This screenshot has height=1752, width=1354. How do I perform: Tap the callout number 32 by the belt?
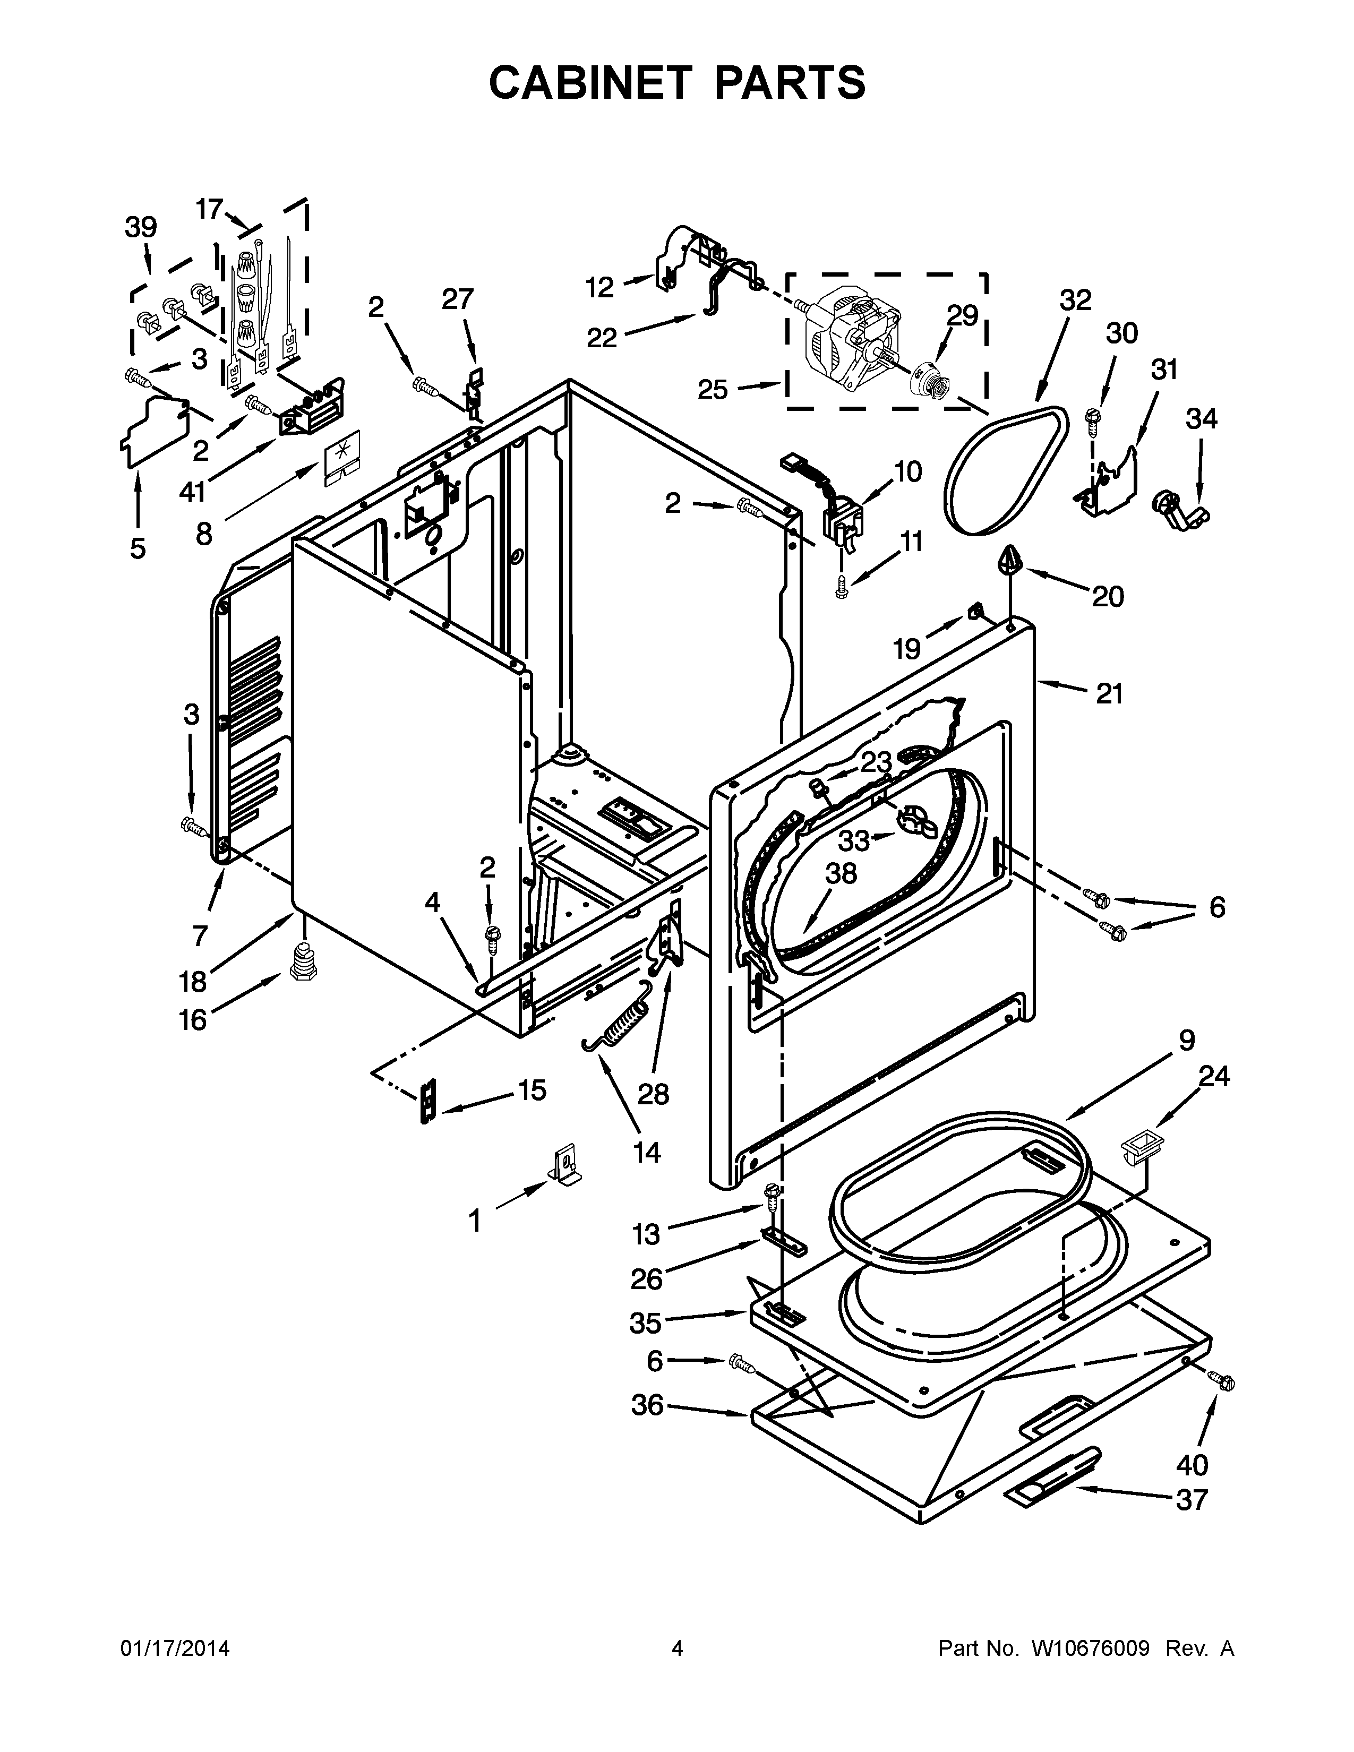(1075, 301)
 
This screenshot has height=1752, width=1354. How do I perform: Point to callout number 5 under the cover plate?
(138, 549)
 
